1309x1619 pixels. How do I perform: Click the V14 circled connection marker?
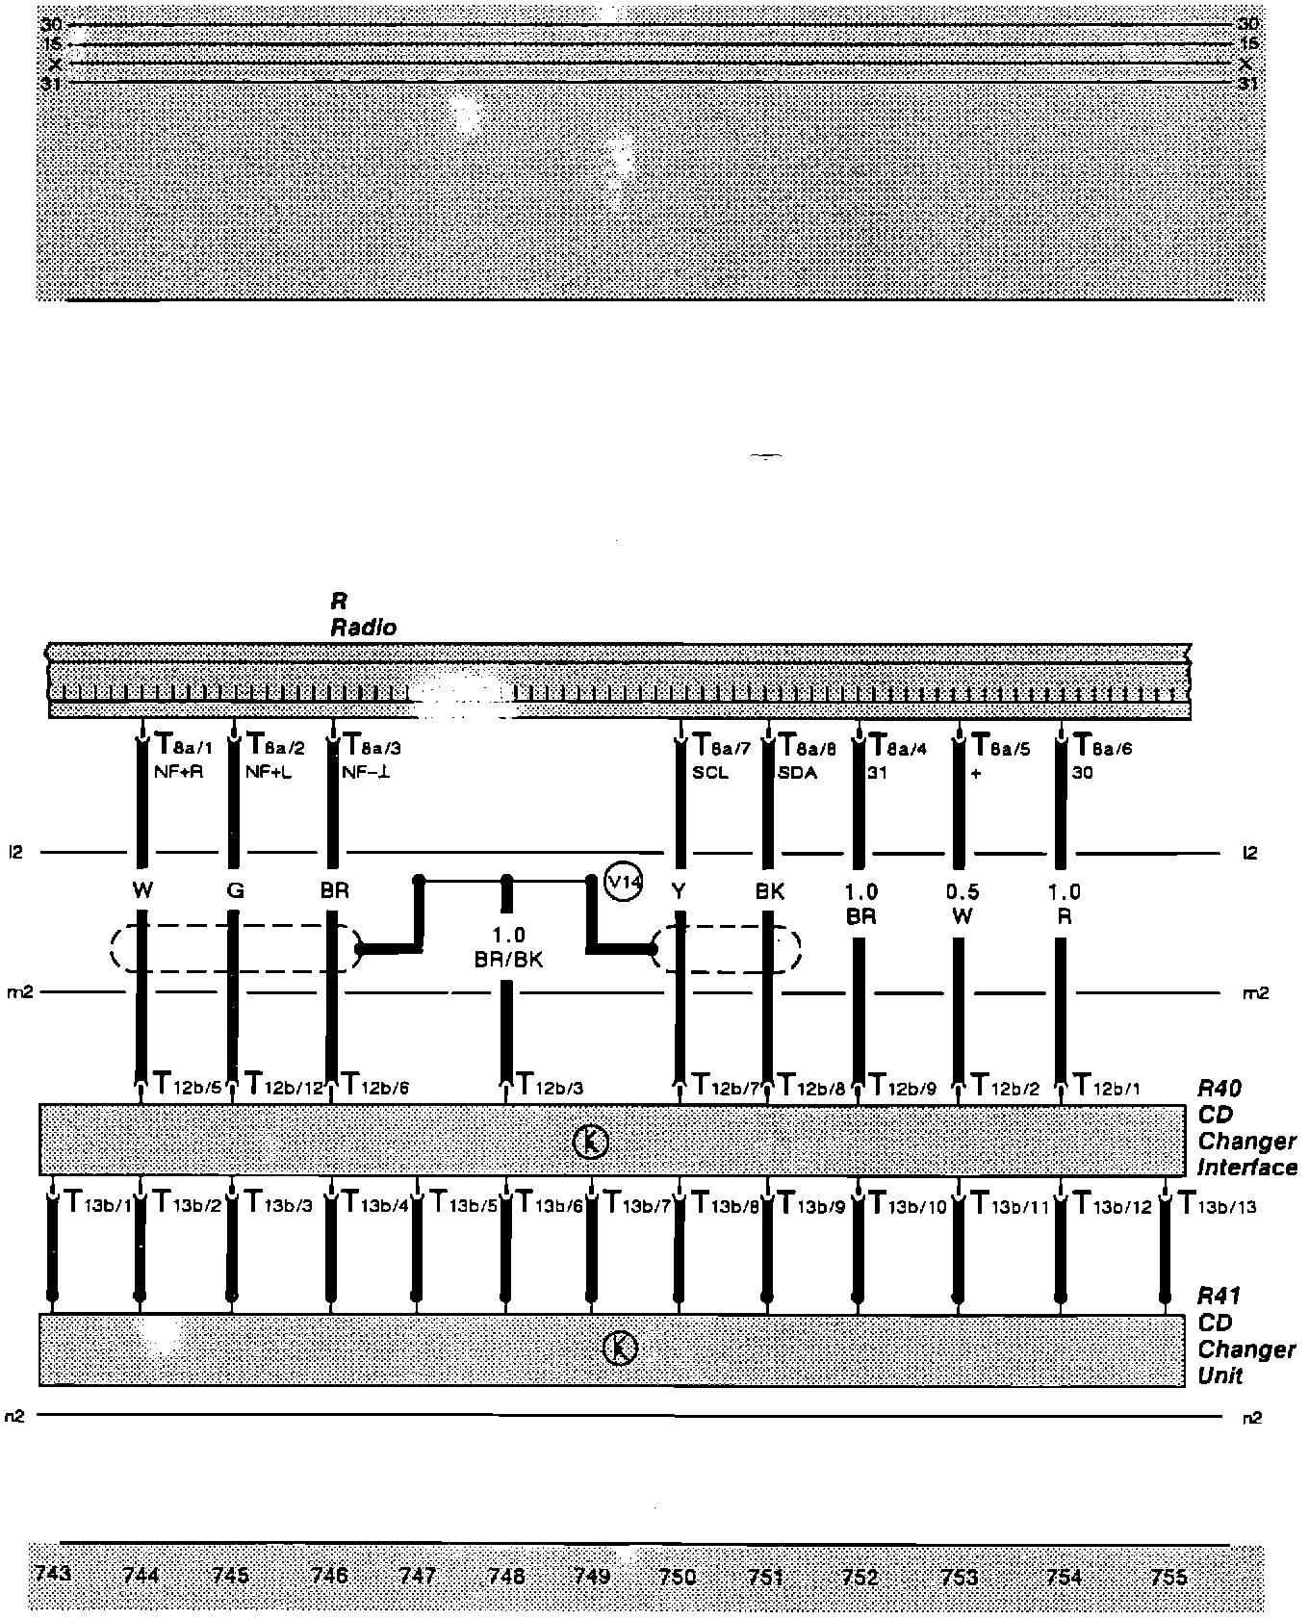(623, 882)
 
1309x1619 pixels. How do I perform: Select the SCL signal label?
(710, 772)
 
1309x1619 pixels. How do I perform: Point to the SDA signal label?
(798, 772)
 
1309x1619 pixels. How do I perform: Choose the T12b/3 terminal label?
(551, 1088)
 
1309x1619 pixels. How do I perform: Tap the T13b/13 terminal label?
(1218, 1205)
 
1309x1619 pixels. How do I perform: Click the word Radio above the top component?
(364, 628)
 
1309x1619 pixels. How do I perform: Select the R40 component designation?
(1219, 1089)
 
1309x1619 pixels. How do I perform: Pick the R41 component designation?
(1219, 1296)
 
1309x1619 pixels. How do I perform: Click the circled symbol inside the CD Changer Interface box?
(591, 1142)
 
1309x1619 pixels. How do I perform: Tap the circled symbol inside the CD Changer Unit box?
(620, 1349)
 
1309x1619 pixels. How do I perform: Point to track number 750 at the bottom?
(678, 1577)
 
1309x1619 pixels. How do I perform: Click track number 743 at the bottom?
(53, 1574)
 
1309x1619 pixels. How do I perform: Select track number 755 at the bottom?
(1168, 1577)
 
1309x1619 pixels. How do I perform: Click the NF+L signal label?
(269, 772)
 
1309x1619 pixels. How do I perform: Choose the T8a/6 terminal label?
(1103, 746)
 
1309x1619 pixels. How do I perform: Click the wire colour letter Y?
(679, 891)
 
